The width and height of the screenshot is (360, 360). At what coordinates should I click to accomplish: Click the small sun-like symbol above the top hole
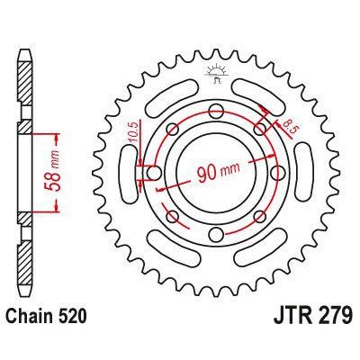[x=216, y=71]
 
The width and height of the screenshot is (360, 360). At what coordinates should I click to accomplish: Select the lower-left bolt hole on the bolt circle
[x=170, y=217]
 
